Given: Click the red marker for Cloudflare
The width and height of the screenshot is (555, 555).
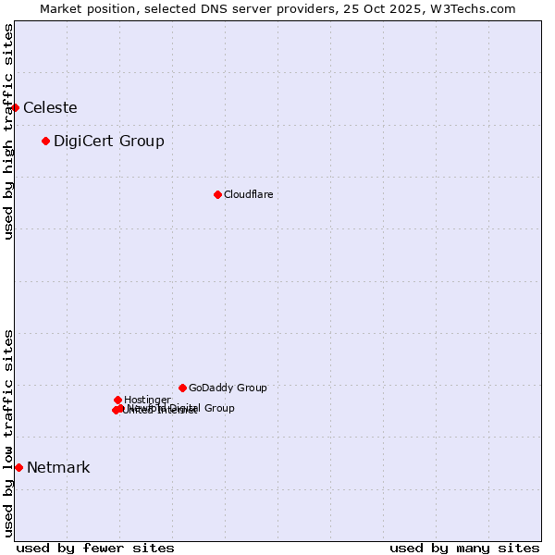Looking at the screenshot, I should (217, 194).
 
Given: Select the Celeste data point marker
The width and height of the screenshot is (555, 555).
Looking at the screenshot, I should (15, 107).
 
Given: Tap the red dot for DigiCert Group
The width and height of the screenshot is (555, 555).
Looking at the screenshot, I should (45, 141).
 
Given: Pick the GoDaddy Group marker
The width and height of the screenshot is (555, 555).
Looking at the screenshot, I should (182, 388).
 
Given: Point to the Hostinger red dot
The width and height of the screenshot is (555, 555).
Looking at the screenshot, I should (117, 400).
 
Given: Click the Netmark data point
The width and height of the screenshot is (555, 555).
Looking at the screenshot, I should (18, 467).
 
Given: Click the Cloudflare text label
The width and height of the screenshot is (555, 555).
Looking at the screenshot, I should (248, 194).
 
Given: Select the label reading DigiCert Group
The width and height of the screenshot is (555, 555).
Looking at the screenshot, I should (109, 141).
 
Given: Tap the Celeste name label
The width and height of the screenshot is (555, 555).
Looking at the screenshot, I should (50, 107).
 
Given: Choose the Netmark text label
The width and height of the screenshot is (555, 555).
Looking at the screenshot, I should (58, 467).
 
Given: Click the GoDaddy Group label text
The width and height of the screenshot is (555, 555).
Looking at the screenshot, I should (228, 388).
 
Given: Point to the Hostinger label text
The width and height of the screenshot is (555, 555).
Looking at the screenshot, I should (147, 400).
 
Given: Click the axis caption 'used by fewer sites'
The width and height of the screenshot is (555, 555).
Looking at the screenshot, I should (95, 548).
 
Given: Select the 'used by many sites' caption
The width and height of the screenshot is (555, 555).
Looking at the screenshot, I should (464, 548).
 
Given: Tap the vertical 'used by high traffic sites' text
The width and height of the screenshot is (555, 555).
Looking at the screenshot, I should (8, 131).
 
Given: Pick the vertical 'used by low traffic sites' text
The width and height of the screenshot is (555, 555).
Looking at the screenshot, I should (8, 433).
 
